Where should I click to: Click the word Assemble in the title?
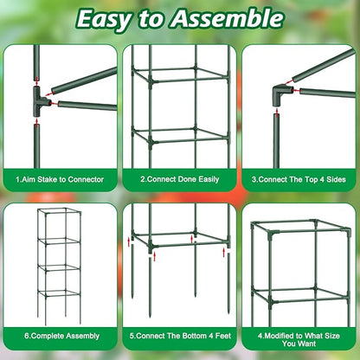coord(232,18)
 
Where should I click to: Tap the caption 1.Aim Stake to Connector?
coord(60,179)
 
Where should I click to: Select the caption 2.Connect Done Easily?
coord(179,179)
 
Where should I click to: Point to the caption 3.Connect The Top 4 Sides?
coord(299,179)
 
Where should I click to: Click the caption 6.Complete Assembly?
coord(60,334)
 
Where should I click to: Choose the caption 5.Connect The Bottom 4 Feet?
coord(179,334)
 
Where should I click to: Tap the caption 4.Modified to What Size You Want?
coord(299,338)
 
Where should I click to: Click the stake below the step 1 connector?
coord(37,143)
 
